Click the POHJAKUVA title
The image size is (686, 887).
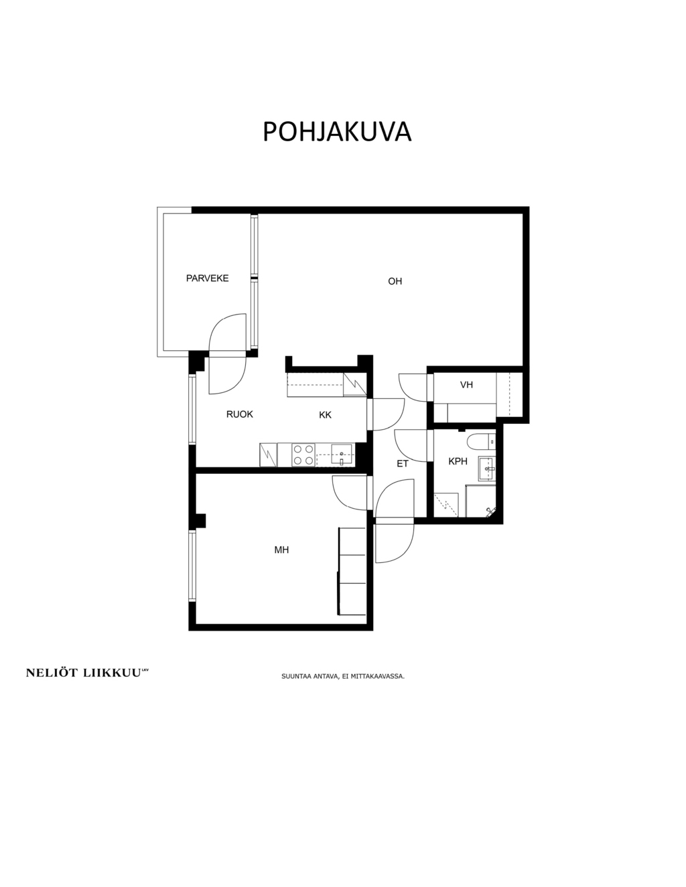coord(337,131)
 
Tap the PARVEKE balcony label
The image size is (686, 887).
coord(207,278)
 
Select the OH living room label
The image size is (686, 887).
coord(395,281)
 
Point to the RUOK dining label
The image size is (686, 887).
coord(240,414)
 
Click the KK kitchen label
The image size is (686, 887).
coord(325,415)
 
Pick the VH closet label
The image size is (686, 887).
coord(466,384)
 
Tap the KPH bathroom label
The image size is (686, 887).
coord(458,462)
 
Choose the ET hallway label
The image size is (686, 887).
coord(403,464)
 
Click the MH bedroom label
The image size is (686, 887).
coord(281,550)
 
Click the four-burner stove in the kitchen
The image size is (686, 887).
coord(303,455)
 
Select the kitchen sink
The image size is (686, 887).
coord(342,455)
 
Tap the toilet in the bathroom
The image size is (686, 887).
coord(480,441)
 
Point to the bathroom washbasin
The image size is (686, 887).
coord(487,469)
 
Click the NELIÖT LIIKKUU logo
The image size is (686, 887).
coord(87,673)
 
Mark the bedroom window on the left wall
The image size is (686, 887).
coord(192,566)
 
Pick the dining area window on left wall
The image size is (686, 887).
coord(192,410)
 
